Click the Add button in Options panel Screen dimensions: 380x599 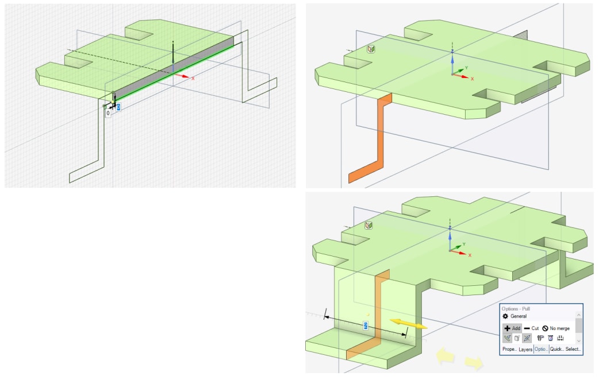[x=512, y=328]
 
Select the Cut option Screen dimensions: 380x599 [x=531, y=328]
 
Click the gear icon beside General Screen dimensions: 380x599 [x=505, y=316]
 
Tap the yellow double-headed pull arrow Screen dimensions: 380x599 [x=408, y=324]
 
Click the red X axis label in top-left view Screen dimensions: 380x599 [x=193, y=78]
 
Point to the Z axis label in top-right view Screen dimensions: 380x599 [x=452, y=51]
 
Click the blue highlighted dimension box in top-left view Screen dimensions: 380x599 [x=118, y=107]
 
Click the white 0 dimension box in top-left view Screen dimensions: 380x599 [x=107, y=113]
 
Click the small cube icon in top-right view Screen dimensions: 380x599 [x=371, y=50]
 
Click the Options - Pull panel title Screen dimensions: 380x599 [x=520, y=308]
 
